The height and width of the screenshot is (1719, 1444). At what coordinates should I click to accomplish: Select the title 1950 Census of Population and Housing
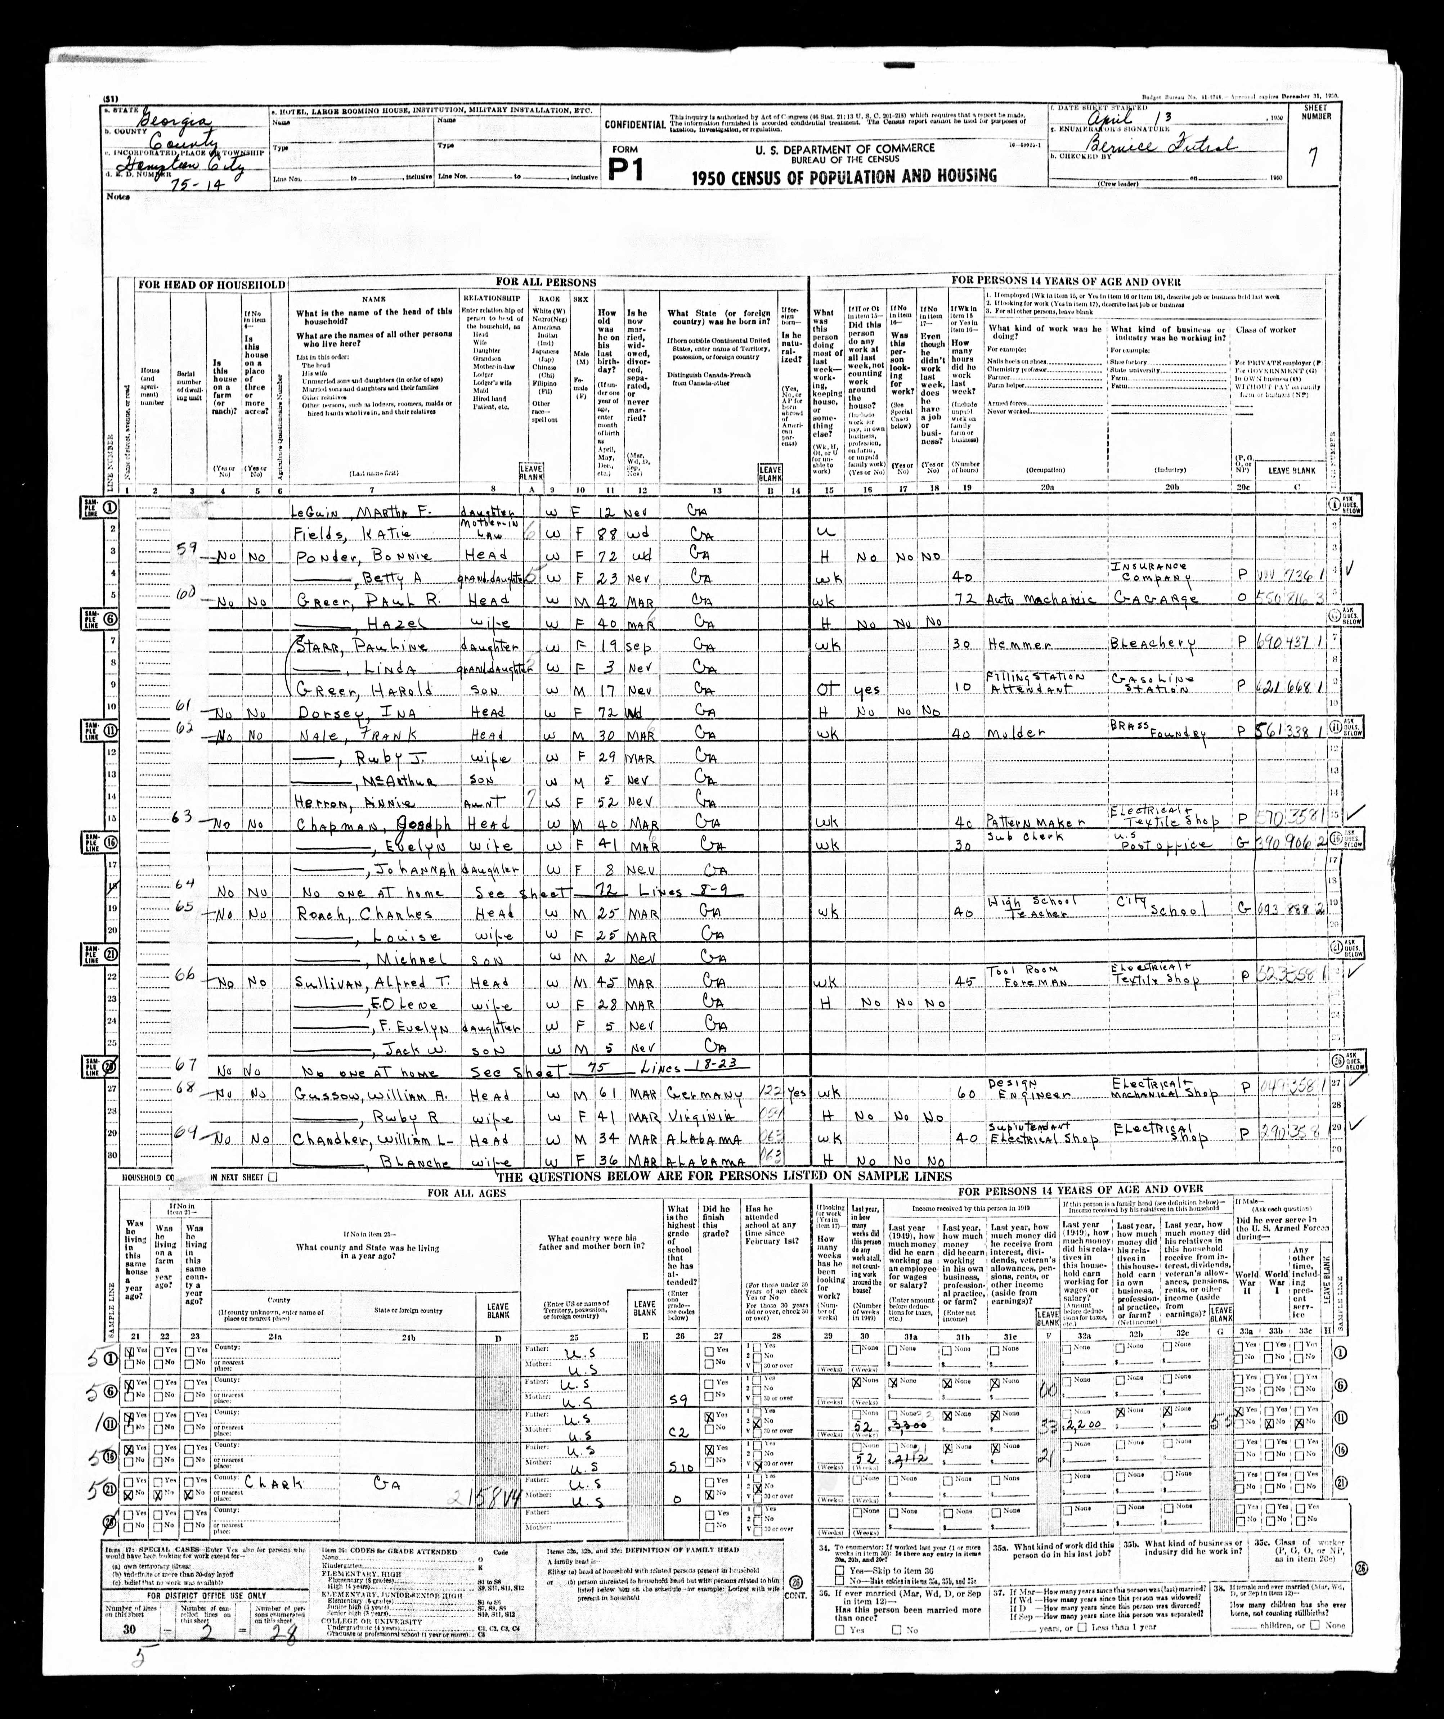[x=844, y=175]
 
